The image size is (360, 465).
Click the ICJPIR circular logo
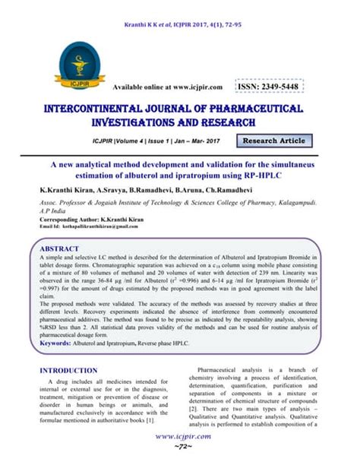coord(75,50)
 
